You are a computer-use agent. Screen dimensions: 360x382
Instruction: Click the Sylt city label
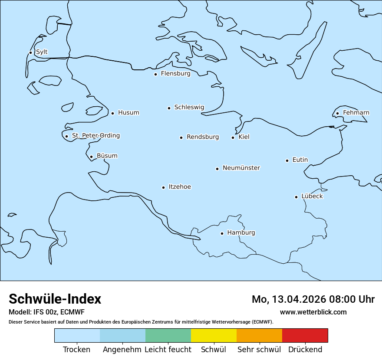(42, 52)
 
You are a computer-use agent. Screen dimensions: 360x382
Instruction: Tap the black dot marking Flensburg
(155, 74)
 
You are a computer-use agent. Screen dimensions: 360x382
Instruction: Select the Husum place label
(128, 113)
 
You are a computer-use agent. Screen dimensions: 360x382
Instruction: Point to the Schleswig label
(189, 107)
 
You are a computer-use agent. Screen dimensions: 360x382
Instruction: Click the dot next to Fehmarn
(337, 114)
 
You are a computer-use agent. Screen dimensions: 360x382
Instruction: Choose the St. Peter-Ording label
(95, 136)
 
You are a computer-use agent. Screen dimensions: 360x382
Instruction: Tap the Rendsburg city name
(203, 137)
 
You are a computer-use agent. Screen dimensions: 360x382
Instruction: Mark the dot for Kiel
(233, 137)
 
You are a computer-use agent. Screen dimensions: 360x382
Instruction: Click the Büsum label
(107, 156)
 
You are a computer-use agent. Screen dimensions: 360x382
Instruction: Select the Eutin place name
(300, 160)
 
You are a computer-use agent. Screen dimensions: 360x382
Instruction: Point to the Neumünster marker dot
(217, 169)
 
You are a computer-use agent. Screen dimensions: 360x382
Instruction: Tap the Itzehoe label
(180, 187)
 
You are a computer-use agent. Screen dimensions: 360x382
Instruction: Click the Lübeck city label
(312, 196)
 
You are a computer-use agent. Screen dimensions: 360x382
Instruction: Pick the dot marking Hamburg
(222, 233)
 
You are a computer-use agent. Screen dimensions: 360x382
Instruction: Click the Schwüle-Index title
(55, 299)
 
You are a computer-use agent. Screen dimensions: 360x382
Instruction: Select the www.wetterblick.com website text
(313, 312)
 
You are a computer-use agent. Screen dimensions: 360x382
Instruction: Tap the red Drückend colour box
(305, 335)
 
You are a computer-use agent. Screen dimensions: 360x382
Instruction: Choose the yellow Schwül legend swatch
(214, 335)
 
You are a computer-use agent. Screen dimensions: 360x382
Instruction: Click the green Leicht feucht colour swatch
(168, 335)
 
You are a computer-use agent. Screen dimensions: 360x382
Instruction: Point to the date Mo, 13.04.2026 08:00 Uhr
(313, 299)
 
